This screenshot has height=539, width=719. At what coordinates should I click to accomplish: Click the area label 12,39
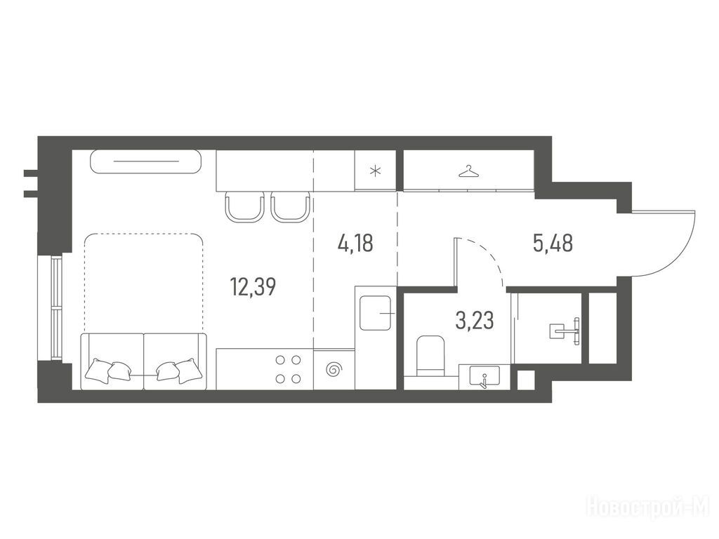(253, 287)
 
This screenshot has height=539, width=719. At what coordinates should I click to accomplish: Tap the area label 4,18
(355, 243)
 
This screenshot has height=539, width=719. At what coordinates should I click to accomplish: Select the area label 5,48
(553, 243)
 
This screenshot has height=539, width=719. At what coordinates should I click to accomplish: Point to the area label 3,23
(475, 320)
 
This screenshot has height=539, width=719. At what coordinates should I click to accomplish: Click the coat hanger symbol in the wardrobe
(468, 172)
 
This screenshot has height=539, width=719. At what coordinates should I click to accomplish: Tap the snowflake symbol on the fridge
(375, 172)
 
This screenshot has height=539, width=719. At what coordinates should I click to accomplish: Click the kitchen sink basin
(376, 313)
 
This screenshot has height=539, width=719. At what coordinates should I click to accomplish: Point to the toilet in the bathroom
(430, 355)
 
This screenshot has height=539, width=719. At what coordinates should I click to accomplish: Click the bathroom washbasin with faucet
(484, 377)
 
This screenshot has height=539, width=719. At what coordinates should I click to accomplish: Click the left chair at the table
(245, 207)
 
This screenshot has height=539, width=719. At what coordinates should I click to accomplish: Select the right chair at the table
(290, 207)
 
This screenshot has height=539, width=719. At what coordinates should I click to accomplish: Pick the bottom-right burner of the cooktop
(296, 378)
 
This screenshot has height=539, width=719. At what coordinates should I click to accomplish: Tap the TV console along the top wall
(146, 161)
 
